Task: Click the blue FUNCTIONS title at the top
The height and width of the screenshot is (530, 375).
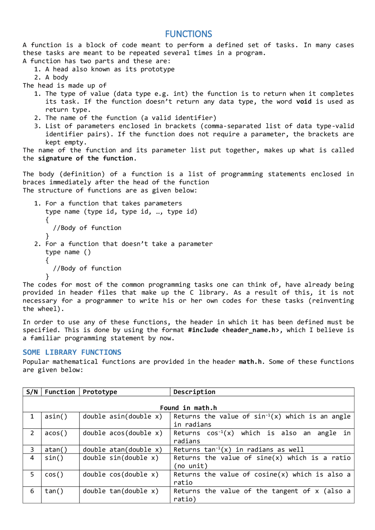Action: click(188, 34)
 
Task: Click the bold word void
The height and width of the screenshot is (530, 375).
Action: click(304, 102)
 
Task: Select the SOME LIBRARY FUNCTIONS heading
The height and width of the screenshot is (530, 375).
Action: click(72, 352)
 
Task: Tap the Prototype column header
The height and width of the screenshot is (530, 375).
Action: click(100, 392)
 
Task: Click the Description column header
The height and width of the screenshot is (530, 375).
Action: click(194, 392)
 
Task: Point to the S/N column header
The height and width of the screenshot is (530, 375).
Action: click(32, 392)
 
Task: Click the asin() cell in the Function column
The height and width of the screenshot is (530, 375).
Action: click(56, 416)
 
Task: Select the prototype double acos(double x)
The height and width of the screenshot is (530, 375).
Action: click(122, 433)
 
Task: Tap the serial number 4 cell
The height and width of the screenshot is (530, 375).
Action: click(32, 458)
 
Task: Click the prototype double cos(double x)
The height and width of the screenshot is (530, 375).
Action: click(120, 474)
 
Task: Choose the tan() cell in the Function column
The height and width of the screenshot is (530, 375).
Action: click(54, 491)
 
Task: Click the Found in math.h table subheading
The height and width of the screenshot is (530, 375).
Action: click(188, 408)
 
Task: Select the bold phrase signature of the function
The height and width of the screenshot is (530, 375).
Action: click(87, 158)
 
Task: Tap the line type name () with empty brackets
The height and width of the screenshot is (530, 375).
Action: click(68, 252)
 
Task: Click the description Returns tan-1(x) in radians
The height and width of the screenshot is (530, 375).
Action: click(238, 450)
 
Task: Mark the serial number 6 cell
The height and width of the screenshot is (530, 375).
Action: click(32, 491)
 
